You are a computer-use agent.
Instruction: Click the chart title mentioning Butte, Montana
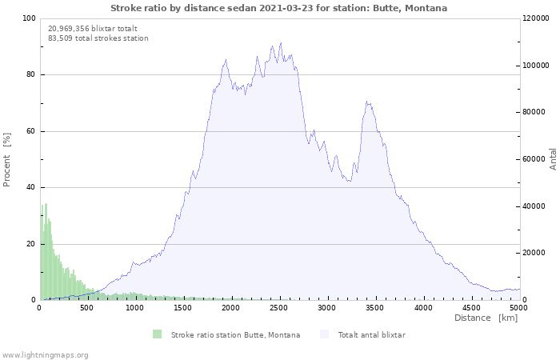coord(278,8)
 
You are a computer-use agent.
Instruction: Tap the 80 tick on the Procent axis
coord(30,74)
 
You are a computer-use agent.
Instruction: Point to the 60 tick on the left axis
coord(30,131)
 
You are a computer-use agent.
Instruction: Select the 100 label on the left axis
coord(29,18)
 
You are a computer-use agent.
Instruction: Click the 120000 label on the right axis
coord(536,18)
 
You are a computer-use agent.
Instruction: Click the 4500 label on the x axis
coord(471,308)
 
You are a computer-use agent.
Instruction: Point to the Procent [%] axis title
coord(6,160)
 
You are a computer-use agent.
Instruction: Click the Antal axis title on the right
coord(553,159)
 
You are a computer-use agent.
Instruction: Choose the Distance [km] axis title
coord(486,318)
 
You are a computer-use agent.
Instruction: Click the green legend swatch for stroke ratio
coord(157,334)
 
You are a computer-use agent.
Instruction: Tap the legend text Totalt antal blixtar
coord(371,334)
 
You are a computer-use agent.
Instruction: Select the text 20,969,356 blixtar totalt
coord(93,29)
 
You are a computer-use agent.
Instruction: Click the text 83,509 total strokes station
coord(98,38)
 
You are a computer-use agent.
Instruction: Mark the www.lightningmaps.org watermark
coord(45,355)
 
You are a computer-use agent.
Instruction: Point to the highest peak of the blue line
coord(281,43)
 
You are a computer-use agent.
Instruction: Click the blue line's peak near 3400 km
coord(366,102)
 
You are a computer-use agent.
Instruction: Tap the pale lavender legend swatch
coord(324,334)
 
